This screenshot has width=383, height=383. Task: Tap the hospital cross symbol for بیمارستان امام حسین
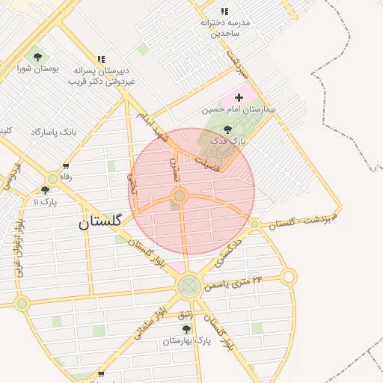pos(239,97)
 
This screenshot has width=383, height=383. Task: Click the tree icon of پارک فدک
pos(227,129)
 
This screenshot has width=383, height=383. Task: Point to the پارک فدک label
pos(227,141)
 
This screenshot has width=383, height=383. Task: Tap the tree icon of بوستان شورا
pos(37,57)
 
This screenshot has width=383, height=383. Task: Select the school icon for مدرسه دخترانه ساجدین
pos(224,11)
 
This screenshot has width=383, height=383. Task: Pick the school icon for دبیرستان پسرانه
pos(101,59)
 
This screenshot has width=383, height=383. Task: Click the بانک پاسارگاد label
pos(53,132)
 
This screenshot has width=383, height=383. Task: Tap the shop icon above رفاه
pos(66,166)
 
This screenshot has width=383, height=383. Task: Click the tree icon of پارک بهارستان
pos(186,329)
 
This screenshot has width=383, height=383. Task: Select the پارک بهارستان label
pos(187,341)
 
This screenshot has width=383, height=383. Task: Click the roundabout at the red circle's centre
pos(180,196)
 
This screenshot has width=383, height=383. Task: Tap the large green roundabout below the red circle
pos(189,285)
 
